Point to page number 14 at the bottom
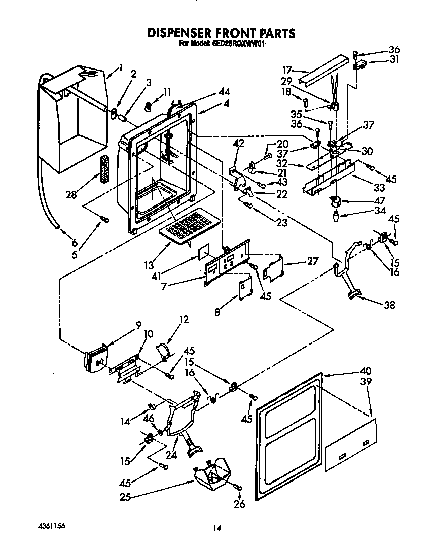(x=217, y=528)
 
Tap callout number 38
(x=389, y=305)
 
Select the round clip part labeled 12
(x=163, y=350)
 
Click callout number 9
(x=138, y=325)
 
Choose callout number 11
(x=167, y=92)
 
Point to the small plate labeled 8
(x=245, y=288)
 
